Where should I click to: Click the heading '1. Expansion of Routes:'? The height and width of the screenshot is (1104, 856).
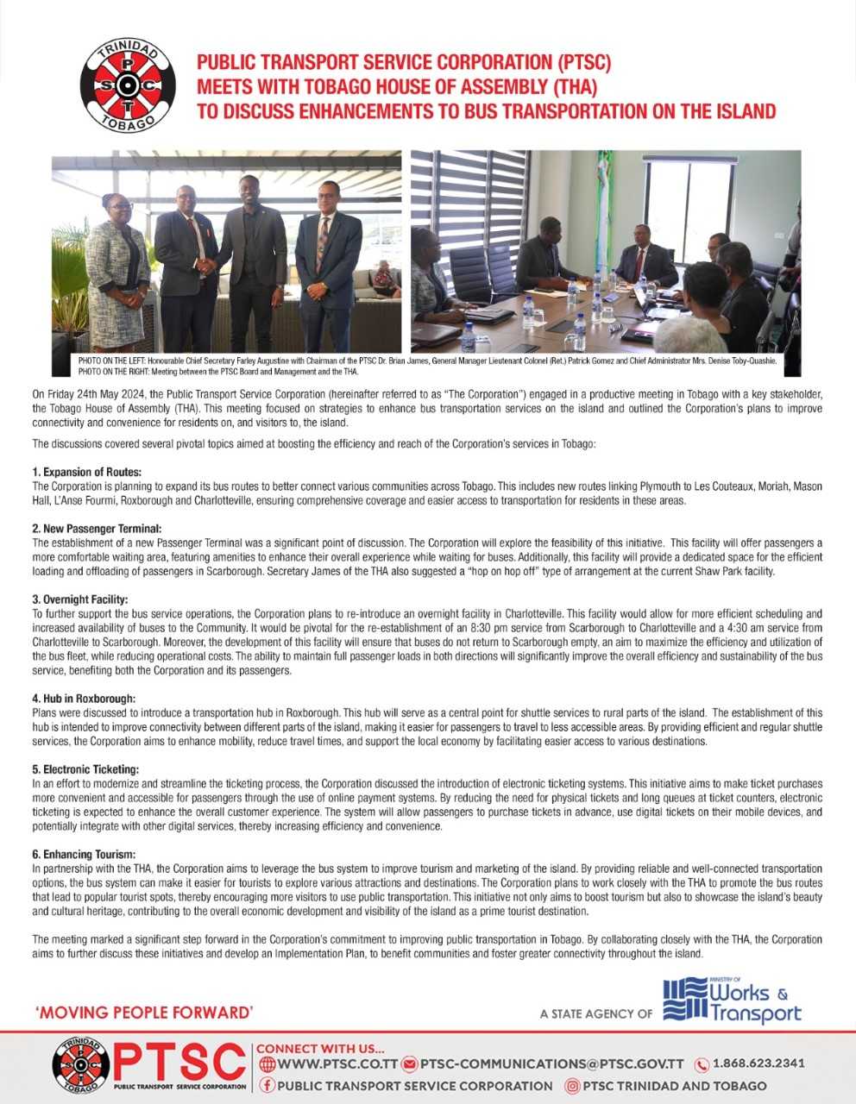(x=86, y=472)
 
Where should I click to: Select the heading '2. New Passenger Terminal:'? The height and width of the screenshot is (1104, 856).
(x=97, y=528)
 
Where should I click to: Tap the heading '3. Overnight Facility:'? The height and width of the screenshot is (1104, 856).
(x=80, y=599)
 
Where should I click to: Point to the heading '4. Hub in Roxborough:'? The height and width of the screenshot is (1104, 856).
(x=84, y=698)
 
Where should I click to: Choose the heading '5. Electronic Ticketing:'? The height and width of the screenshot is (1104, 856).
(x=85, y=768)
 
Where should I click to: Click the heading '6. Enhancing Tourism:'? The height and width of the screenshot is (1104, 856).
(x=84, y=854)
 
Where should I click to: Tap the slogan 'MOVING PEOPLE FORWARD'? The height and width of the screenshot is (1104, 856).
(x=144, y=1012)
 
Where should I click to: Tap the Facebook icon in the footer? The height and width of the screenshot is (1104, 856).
(x=267, y=1086)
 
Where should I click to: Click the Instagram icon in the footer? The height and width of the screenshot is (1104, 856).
(x=571, y=1086)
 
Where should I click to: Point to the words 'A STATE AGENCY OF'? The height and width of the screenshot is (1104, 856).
(x=595, y=1013)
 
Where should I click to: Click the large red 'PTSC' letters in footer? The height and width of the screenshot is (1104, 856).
(x=179, y=1060)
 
